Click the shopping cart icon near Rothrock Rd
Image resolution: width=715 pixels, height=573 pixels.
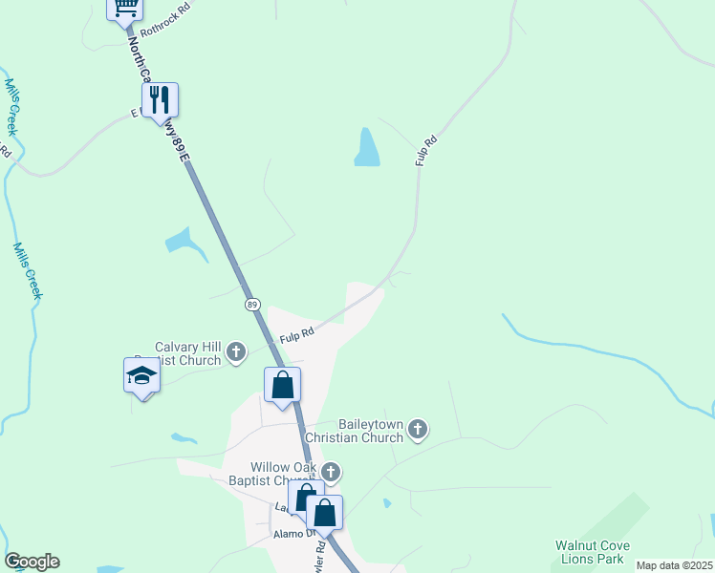tap(124, 8)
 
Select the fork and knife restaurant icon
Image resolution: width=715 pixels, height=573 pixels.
tap(160, 98)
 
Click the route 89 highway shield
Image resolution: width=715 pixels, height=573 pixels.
tap(252, 304)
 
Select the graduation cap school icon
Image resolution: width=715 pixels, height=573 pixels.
tap(141, 375)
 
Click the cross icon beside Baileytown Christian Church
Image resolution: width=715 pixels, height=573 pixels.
tap(417, 431)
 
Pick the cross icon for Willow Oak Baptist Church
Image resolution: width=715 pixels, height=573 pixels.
tap(331, 471)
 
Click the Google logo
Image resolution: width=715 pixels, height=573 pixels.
tap(32, 562)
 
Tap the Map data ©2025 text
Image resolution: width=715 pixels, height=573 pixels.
tap(674, 565)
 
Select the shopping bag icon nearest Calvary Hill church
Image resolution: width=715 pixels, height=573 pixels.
tap(282, 385)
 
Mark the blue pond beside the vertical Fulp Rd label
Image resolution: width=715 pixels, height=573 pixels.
tap(367, 147)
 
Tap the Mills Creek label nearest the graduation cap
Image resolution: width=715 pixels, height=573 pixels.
tap(28, 270)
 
